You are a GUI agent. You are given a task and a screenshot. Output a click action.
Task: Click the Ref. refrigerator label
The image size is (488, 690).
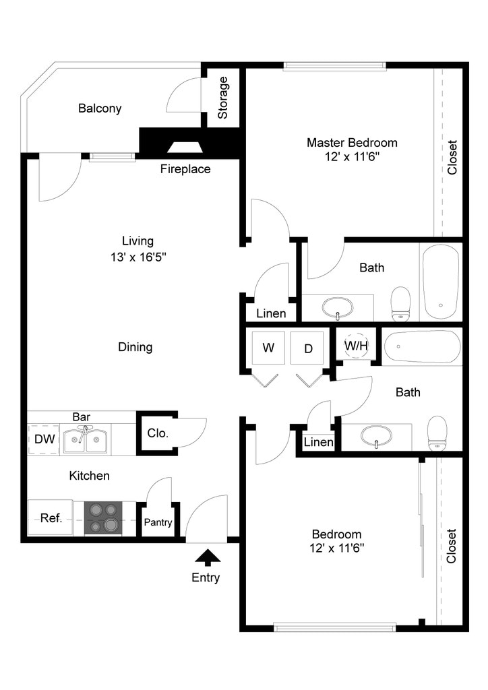pos(51,518)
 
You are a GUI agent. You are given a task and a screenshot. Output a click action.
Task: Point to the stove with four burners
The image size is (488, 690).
pos(103,518)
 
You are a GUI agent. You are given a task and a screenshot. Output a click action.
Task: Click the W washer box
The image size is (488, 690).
pos(268,348)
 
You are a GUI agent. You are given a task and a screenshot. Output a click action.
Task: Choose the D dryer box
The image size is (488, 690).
pos(309,348)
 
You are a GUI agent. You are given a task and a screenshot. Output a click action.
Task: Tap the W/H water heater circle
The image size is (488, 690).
pos(357,346)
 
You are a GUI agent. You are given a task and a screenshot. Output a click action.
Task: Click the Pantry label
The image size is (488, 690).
pos(158,522)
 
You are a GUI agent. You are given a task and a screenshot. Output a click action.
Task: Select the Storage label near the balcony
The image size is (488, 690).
pos(223,98)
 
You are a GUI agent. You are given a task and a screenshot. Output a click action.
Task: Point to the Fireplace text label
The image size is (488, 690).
pos(185,169)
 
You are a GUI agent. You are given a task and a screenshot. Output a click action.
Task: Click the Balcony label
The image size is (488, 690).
pos(100,108)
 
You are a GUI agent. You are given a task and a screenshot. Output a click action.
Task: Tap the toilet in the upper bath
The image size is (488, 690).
pos(401,304)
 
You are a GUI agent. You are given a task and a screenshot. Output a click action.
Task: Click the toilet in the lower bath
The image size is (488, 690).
pos(438,433)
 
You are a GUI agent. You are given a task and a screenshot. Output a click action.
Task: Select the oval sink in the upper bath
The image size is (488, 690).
pos(338,308)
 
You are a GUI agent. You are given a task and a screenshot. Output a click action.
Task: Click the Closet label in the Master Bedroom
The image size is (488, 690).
pos(452,157)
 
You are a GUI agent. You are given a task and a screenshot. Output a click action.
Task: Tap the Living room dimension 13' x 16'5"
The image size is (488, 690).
pos(138,256)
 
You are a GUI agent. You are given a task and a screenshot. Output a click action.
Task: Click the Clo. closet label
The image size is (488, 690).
pos(158,433)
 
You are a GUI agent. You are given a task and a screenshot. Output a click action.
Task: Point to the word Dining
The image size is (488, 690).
pos(135,347)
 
